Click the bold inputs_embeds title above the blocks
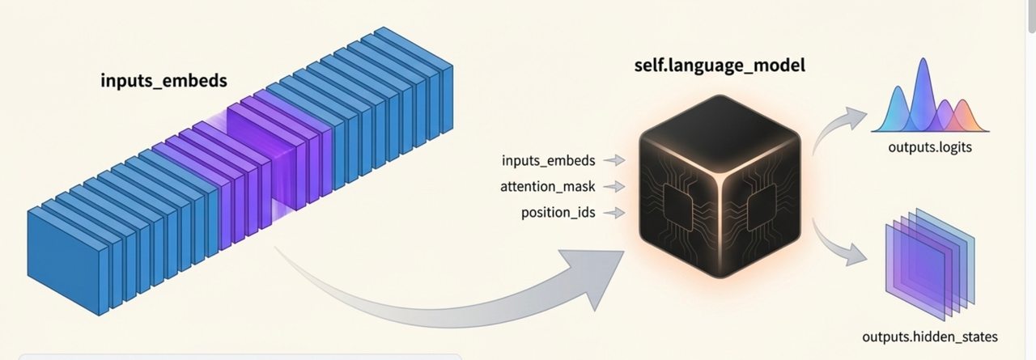pyautogui.click(x=163, y=81)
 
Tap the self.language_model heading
pyautogui.click(x=720, y=66)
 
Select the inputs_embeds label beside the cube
pyautogui.click(x=548, y=160)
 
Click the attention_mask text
pyautogui.click(x=548, y=187)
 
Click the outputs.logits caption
pyautogui.click(x=929, y=147)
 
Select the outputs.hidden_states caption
pyautogui.click(x=930, y=337)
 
